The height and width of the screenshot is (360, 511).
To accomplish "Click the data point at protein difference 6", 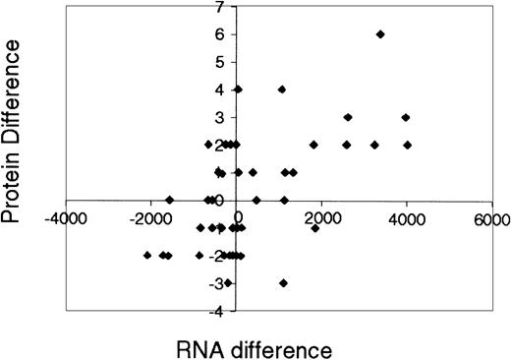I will click(380, 34).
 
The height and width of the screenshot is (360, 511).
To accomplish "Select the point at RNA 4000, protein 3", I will click(406, 117).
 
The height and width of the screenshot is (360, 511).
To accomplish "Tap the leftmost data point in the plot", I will click(147, 256).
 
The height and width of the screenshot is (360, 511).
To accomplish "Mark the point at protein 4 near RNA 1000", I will click(282, 90).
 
